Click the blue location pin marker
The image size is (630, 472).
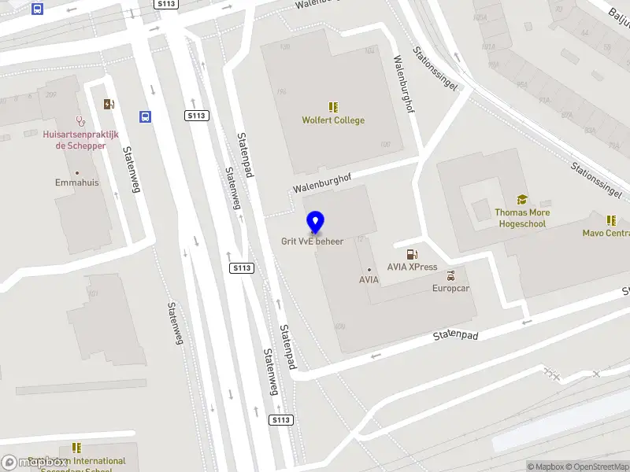click(315, 222)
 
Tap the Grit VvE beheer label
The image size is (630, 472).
click(313, 241)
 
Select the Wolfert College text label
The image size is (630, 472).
click(333, 120)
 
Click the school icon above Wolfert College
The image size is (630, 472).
click(333, 106)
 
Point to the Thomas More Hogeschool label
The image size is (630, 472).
click(522, 218)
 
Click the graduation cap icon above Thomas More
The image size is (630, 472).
click(521, 200)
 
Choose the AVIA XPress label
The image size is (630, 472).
click(412, 267)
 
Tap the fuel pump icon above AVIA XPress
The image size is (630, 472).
click(411, 253)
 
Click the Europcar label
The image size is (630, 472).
click(450, 289)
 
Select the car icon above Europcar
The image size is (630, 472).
click(450, 276)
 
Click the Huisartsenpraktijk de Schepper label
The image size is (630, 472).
click(81, 140)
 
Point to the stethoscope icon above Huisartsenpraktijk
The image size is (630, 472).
click(80, 121)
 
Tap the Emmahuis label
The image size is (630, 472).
click(76, 183)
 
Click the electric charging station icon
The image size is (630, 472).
click(109, 104)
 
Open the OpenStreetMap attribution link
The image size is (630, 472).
click(598, 466)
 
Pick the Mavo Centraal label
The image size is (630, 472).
click(607, 233)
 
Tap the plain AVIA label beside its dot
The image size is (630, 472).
click(369, 279)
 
